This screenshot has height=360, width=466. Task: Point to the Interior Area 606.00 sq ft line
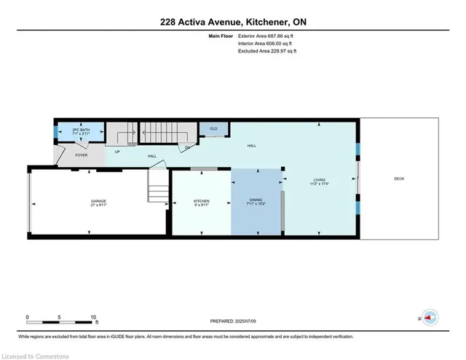coord(266,43)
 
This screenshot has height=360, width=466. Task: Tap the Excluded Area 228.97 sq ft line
coord(267,51)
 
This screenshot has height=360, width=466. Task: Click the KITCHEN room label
coord(201,200)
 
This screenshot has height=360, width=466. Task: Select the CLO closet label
coord(213,128)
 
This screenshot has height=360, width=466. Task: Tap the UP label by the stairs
coord(116,151)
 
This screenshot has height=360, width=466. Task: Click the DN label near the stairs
coord(187,148)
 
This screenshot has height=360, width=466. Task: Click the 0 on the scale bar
coord(27,318)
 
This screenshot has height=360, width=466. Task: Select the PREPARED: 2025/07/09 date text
coord(233,320)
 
